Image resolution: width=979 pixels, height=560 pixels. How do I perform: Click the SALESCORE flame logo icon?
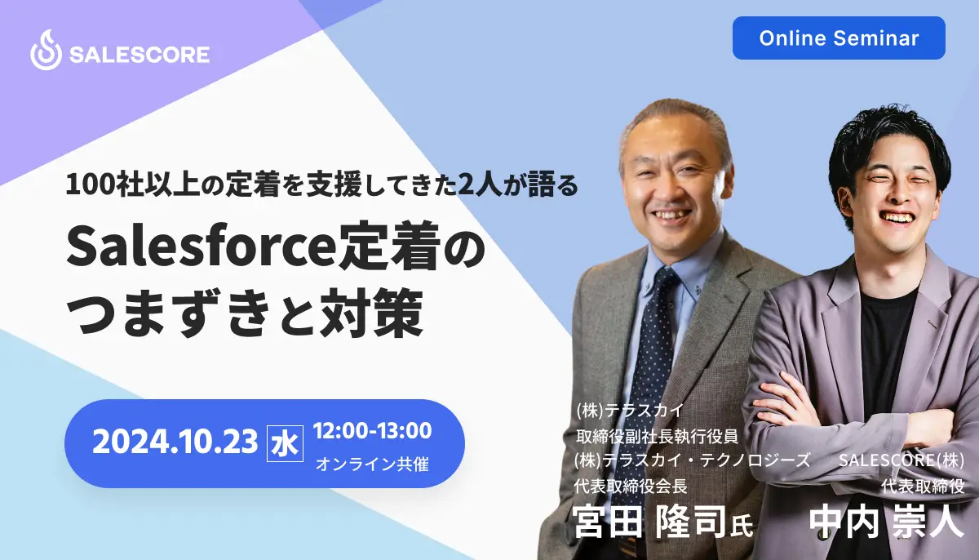pos(46,50)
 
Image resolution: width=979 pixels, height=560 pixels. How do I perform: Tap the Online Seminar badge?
pos(839,38)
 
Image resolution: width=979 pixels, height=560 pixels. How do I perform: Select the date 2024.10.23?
pos(175,442)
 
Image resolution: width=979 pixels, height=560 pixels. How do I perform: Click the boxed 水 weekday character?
pos(285,443)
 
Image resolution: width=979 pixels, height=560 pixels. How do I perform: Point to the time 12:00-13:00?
pos(372,430)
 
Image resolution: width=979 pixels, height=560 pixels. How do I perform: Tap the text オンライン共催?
pos(372,464)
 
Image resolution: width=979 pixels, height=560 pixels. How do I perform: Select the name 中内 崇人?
pos(886,522)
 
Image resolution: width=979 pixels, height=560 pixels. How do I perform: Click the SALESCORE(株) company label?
pos(901,460)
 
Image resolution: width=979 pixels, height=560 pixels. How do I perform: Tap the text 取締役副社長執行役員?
pos(657,436)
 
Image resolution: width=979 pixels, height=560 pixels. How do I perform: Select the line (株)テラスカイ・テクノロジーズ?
pos(692,460)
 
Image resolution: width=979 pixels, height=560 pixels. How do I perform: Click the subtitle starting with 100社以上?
pos(322,185)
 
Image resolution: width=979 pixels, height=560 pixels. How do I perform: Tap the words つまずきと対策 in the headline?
pos(245,313)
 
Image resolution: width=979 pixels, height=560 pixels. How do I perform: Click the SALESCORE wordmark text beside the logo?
pos(140,55)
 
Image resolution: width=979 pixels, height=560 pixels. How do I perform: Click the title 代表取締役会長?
pos(631,486)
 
